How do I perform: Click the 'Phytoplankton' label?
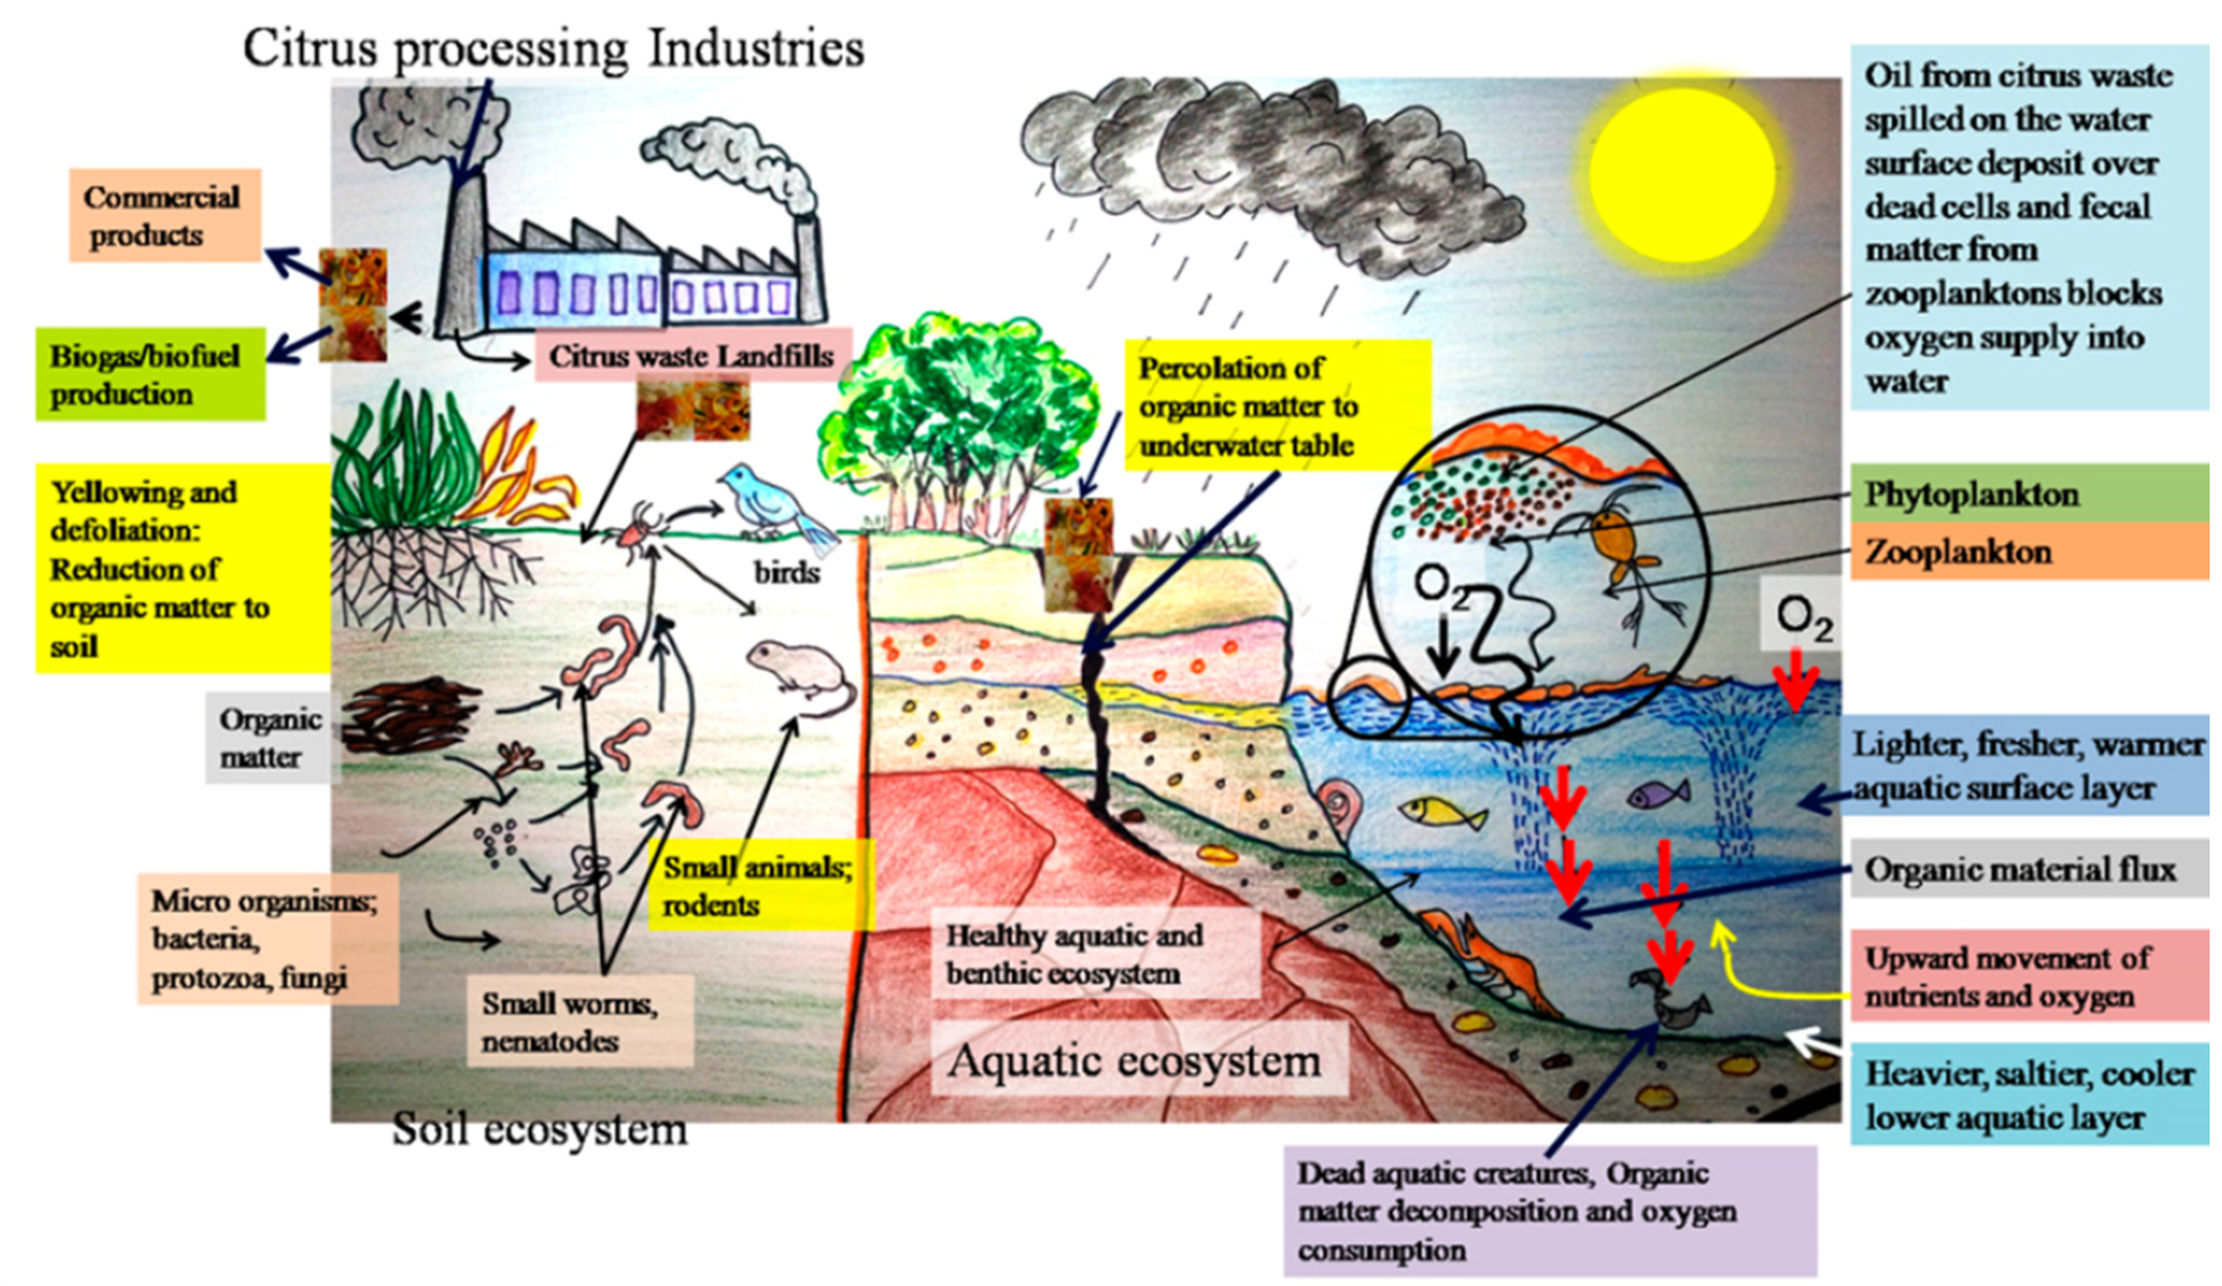coord(2028,494)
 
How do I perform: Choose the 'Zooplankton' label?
coord(2028,552)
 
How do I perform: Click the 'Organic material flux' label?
coord(2028,870)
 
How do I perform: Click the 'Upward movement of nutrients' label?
coord(2028,977)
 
